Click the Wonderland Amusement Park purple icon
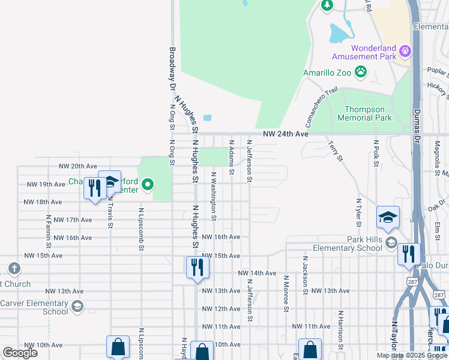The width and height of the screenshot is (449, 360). click(x=405, y=50)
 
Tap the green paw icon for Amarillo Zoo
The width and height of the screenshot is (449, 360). click(x=361, y=73)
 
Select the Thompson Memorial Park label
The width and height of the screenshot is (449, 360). click(x=368, y=113)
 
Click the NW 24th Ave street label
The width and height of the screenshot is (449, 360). click(x=285, y=134)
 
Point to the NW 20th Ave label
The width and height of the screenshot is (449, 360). click(x=77, y=166)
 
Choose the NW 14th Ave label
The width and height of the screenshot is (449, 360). click(x=258, y=273)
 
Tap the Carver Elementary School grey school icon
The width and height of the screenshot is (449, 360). click(x=77, y=307)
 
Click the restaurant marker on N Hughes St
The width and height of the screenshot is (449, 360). click(x=197, y=267)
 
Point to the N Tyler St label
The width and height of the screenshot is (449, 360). click(x=358, y=213)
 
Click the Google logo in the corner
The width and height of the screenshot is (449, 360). click(x=20, y=353)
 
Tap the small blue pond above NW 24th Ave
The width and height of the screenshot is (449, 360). click(x=208, y=118)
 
